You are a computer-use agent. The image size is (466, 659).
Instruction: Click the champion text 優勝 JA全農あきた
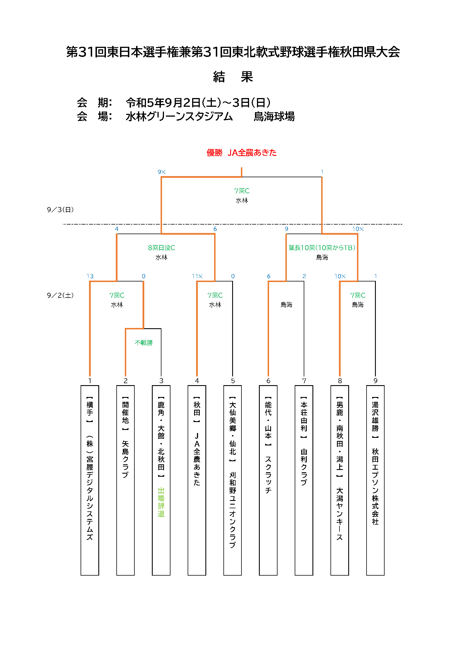pyautogui.click(x=241, y=152)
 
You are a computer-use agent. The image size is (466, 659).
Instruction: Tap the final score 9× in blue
pyautogui.click(x=161, y=172)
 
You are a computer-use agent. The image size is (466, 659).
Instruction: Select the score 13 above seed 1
pyautogui.click(x=90, y=276)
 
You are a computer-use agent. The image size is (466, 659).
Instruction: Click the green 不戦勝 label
pyautogui.click(x=143, y=342)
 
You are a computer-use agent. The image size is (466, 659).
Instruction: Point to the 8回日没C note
pyautogui.click(x=161, y=248)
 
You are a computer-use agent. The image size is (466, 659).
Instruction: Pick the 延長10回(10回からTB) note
pyautogui.click(x=322, y=248)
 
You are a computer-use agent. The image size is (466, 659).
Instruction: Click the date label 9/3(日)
pyautogui.click(x=60, y=210)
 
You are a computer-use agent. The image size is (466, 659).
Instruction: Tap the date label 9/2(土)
pyautogui.click(x=60, y=295)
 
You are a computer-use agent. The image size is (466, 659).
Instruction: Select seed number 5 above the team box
pyautogui.click(x=233, y=381)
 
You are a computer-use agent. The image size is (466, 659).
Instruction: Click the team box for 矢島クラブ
pyautogui.click(x=125, y=480)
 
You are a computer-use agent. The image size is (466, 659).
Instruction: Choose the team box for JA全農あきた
pyautogui.click(x=197, y=480)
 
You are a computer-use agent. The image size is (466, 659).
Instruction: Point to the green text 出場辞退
pyautogui.click(x=161, y=502)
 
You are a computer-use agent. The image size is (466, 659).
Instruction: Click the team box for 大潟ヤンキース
pyautogui.click(x=340, y=480)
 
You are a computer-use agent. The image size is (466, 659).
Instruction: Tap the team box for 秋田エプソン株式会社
pyautogui.click(x=375, y=480)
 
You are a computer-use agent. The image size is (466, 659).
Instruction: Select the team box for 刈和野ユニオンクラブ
pyautogui.click(x=232, y=480)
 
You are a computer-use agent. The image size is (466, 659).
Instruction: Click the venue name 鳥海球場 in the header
pyautogui.click(x=274, y=117)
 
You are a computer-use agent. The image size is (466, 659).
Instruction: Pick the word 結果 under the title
pyautogui.click(x=233, y=77)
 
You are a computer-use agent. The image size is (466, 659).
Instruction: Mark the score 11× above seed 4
pyautogui.click(x=197, y=276)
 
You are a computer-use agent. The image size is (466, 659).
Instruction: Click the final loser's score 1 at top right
pyautogui.click(x=322, y=172)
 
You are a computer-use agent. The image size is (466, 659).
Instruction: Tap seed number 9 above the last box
pyautogui.click(x=375, y=381)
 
